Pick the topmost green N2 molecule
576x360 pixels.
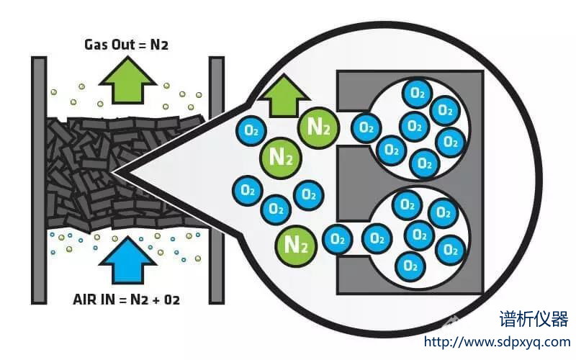point(318,127)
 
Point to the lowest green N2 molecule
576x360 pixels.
point(294,244)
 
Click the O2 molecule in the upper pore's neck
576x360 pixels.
point(366,128)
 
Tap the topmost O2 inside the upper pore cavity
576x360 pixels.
point(416,92)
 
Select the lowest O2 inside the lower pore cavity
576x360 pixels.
point(410,264)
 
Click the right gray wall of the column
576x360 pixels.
point(216,180)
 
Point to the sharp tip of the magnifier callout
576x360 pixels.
point(114,174)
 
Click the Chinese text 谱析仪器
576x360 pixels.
point(534,319)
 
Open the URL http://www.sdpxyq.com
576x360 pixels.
point(497,342)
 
